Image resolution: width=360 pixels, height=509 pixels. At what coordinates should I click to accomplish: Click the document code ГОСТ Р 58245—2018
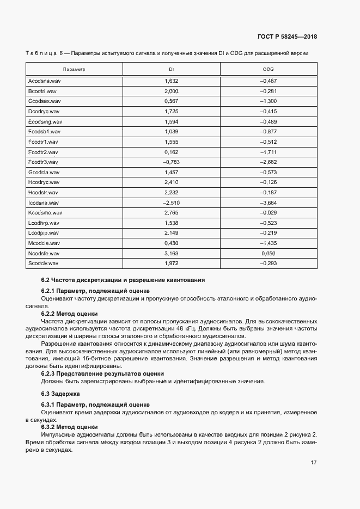(287, 37)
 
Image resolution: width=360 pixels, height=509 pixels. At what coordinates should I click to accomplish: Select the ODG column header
(268, 70)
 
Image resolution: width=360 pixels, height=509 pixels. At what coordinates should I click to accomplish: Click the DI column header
(171, 70)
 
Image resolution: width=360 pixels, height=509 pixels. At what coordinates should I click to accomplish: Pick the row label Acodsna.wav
(44, 81)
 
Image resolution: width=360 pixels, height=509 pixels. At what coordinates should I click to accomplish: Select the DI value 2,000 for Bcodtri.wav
(171, 91)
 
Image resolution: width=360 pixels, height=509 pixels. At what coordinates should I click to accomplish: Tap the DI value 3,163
(171, 254)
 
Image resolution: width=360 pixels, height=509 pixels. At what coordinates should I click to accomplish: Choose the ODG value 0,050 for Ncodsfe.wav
(269, 254)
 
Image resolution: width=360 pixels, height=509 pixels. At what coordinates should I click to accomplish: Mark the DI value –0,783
(171, 162)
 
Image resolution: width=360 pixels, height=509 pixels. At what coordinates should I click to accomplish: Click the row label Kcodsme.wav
(45, 213)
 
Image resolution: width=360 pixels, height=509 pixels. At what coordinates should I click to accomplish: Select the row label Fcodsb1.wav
(44, 132)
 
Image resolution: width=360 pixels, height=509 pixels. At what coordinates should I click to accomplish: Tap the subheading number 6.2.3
(50, 373)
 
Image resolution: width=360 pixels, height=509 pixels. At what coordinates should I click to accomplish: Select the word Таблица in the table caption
(40, 53)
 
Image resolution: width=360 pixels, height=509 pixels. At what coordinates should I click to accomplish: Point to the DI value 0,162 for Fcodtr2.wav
(171, 152)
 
